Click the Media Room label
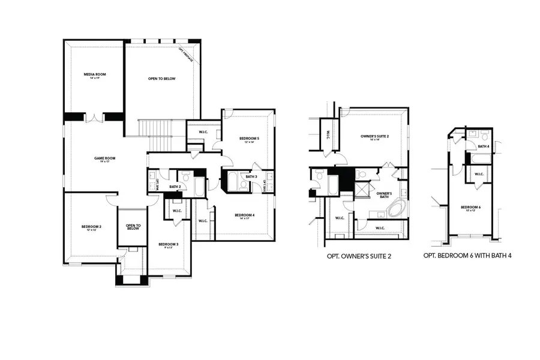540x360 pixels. click(94, 74)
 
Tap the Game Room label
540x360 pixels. click(104, 158)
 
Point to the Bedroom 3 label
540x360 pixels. click(168, 244)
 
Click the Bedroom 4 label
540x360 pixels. click(245, 215)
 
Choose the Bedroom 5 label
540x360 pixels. click(249, 139)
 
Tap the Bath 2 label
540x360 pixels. click(175, 187)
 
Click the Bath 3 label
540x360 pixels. click(251, 176)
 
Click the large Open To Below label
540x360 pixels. click(161, 79)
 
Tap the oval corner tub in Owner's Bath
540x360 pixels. click(395, 210)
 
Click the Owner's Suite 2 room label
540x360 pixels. click(375, 137)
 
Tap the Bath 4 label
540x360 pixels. click(484, 146)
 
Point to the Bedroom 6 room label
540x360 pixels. click(471, 208)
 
